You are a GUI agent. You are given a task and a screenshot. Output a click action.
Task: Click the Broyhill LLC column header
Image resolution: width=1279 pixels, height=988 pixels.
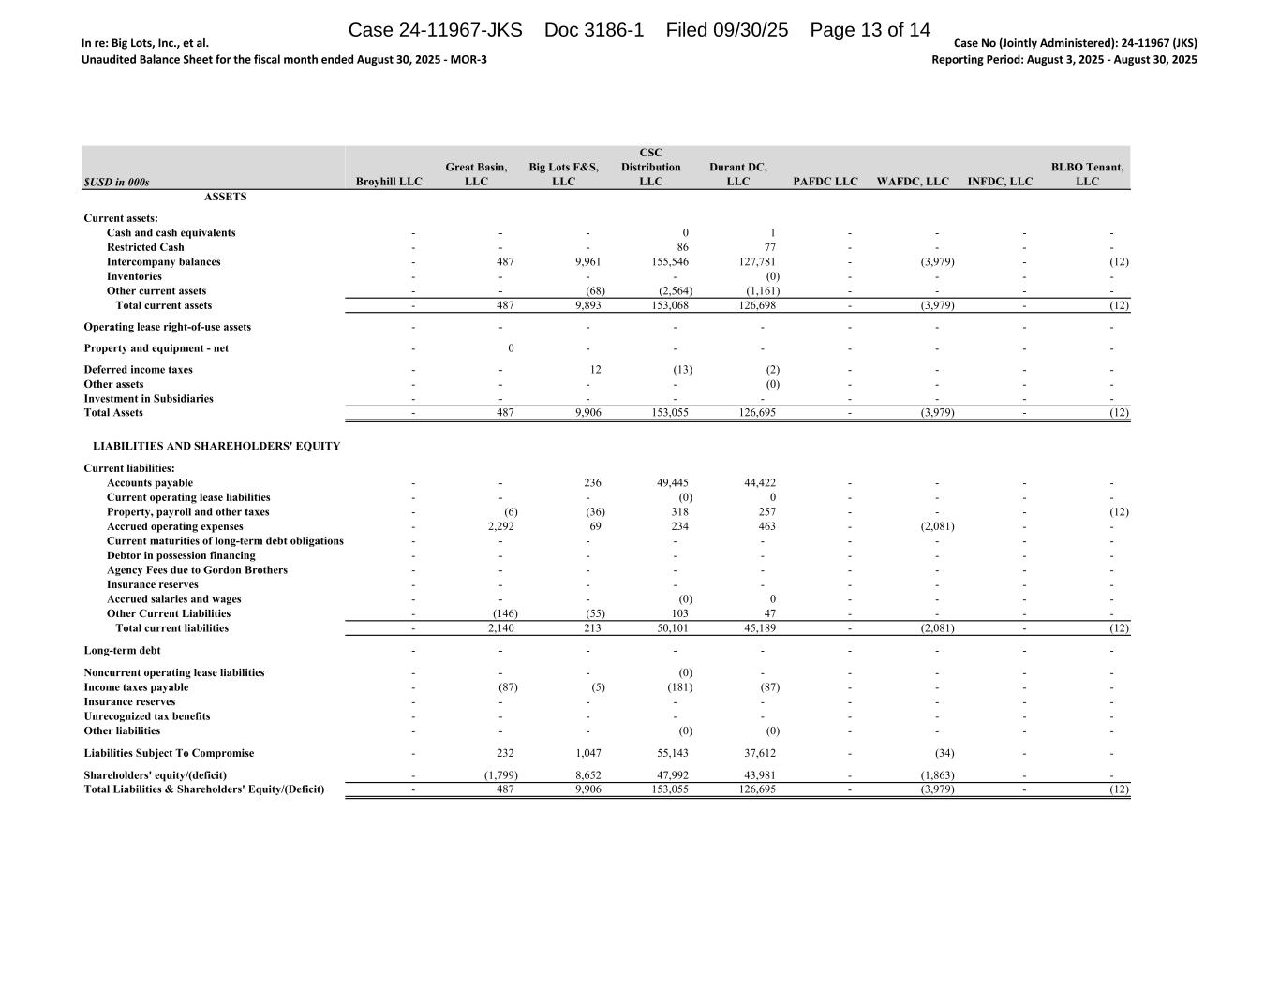[389, 182]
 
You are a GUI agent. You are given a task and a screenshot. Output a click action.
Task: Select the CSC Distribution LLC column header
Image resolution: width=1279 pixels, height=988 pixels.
[650, 167]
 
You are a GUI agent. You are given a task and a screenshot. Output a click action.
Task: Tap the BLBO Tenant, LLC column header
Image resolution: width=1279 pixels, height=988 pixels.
[1087, 174]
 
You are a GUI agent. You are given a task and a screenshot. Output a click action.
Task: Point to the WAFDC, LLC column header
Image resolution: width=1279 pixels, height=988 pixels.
[913, 182]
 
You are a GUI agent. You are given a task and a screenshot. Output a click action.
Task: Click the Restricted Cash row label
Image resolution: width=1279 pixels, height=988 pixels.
[145, 247]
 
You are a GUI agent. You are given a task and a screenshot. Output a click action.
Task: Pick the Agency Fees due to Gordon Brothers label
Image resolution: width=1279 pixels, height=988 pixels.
[197, 570]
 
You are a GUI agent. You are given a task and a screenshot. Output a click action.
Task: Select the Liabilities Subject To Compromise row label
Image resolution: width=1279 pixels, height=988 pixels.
[169, 753]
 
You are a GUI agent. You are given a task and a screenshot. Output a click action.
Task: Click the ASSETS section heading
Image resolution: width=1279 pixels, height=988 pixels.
[226, 197]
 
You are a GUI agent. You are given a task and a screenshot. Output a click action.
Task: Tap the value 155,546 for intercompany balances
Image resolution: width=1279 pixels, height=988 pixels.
[669, 262]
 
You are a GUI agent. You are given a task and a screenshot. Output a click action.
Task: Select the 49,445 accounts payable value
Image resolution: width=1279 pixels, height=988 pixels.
[672, 483]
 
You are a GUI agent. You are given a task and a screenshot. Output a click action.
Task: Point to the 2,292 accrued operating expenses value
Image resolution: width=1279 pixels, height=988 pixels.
[500, 526]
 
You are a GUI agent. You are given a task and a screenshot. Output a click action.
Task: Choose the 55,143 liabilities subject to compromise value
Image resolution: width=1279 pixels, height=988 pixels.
[672, 753]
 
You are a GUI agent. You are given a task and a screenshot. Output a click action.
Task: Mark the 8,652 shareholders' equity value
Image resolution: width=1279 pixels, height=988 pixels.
[587, 775]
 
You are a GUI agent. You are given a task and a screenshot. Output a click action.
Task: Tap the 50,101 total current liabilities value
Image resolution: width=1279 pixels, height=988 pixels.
[672, 628]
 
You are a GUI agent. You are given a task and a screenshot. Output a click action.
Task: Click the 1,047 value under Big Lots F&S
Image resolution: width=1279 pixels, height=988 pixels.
[587, 753]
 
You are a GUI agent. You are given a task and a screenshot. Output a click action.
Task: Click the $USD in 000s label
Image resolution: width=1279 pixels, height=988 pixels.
[116, 183]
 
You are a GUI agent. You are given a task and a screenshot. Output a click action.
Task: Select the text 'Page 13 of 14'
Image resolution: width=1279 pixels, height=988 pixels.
[870, 30]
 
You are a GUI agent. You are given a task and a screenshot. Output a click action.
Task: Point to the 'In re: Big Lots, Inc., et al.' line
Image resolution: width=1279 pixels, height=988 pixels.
[145, 43]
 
